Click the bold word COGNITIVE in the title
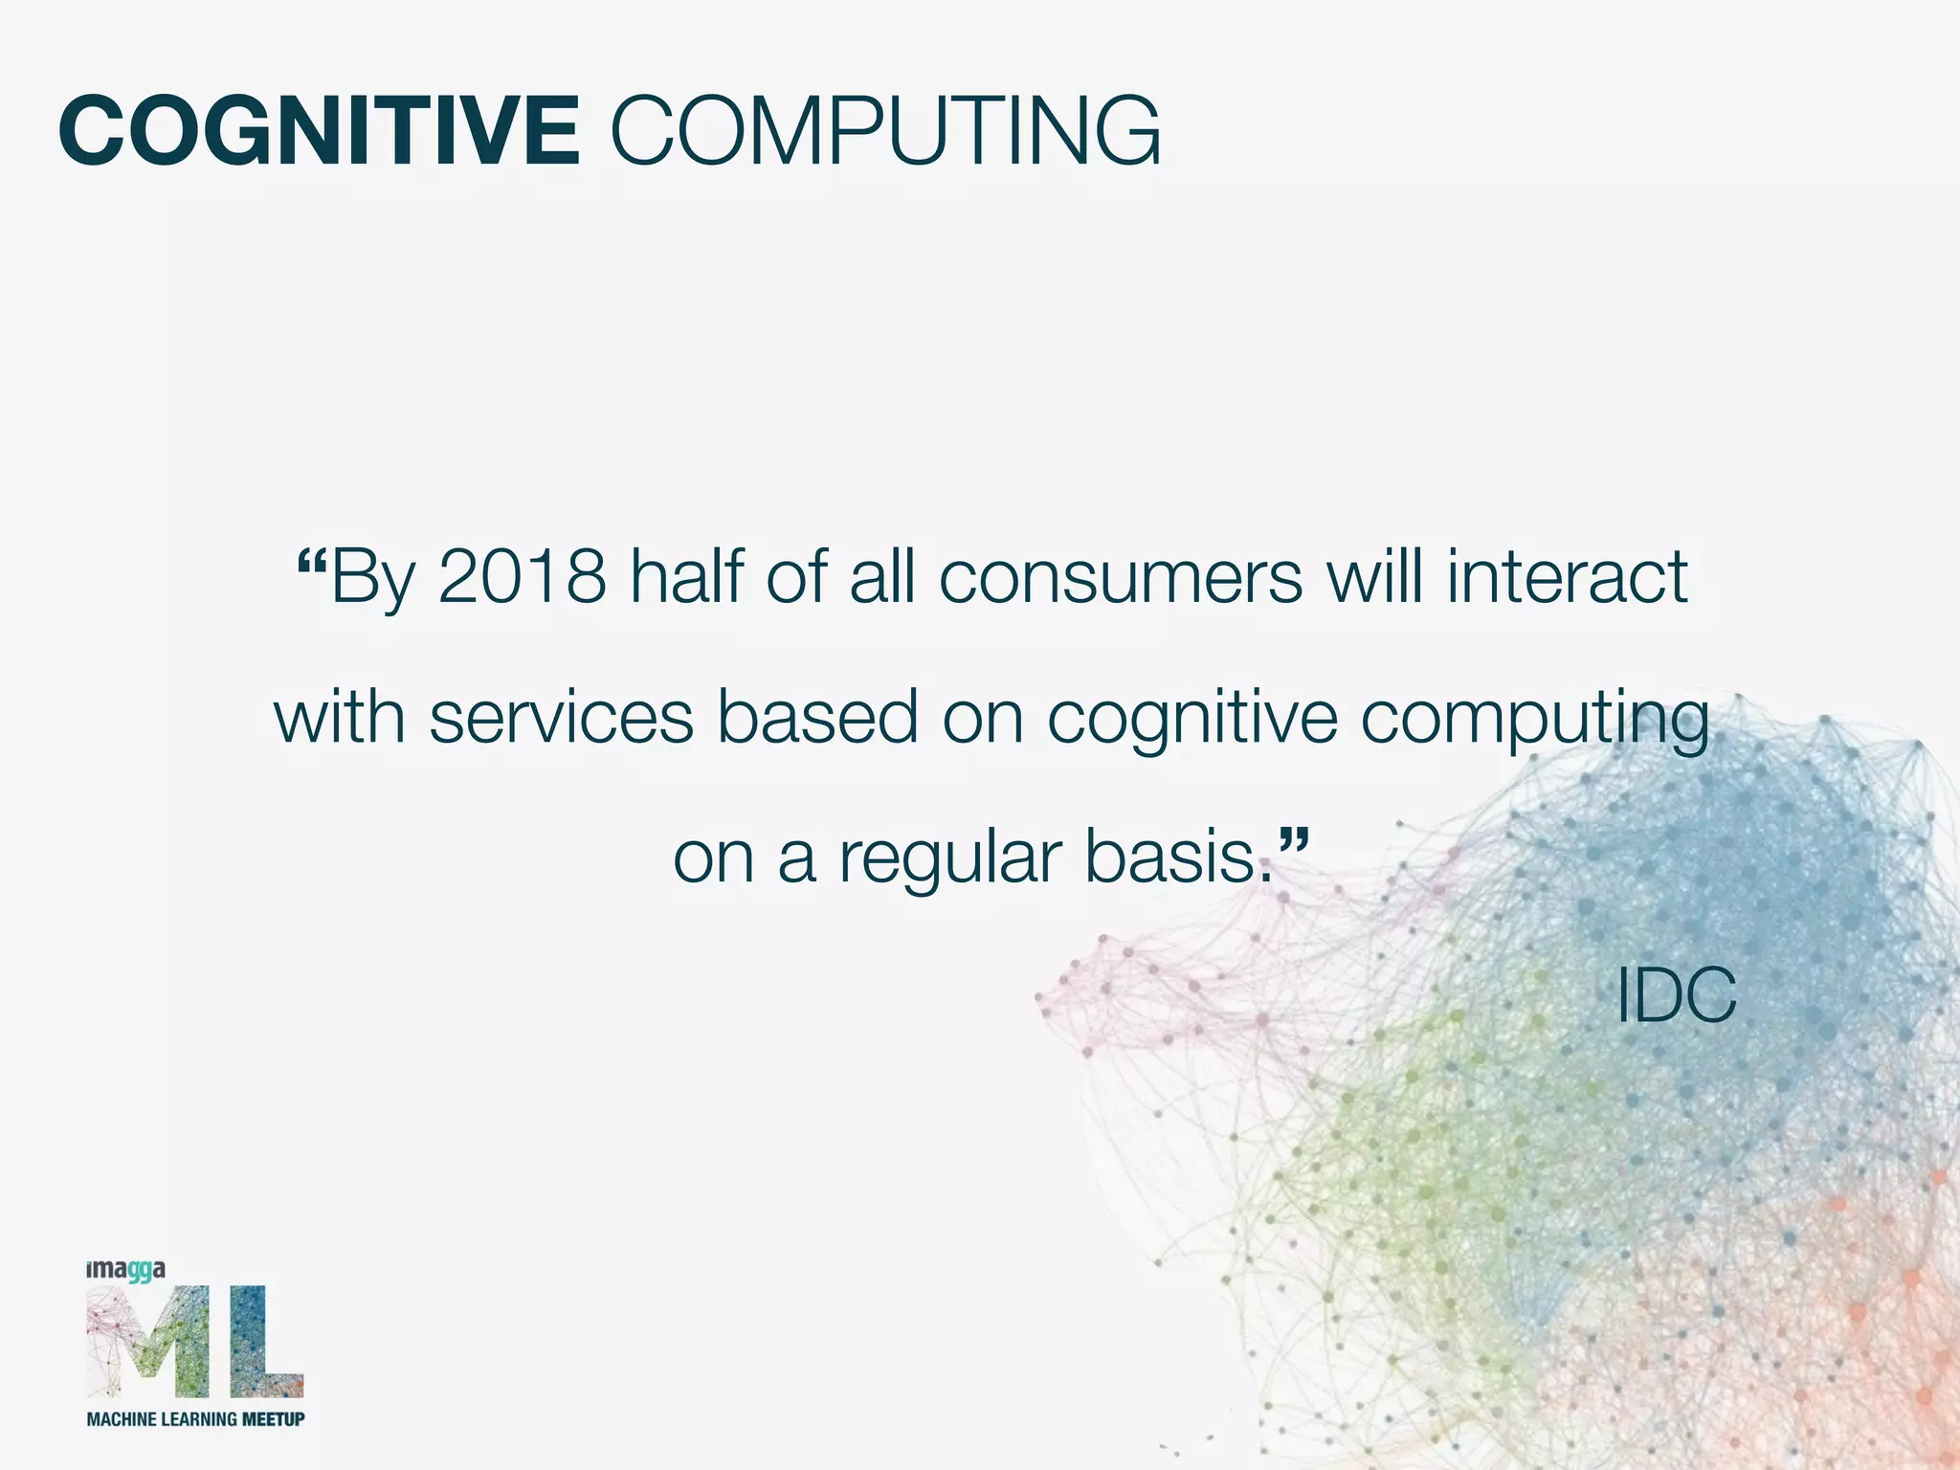(319, 131)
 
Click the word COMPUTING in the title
(884, 131)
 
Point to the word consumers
(1121, 579)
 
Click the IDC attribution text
(1676, 996)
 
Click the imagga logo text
(125, 1271)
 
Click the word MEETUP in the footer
(273, 1419)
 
